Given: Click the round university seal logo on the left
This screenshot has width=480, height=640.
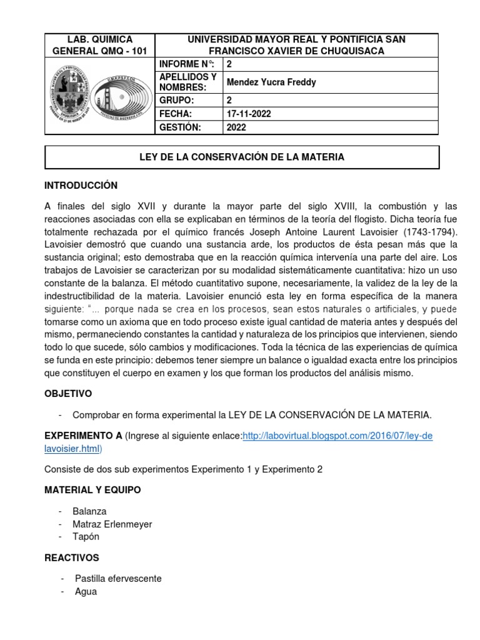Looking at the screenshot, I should pyautogui.click(x=69, y=90).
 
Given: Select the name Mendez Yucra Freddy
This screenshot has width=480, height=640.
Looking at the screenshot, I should pyautogui.click(x=271, y=82).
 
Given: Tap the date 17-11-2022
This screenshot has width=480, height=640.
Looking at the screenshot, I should pyautogui.click(x=250, y=113).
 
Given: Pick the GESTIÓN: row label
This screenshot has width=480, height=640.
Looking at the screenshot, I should pyautogui.click(x=181, y=127).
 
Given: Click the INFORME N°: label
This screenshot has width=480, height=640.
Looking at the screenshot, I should pyautogui.click(x=186, y=63).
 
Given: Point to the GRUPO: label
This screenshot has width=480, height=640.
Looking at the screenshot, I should pyautogui.click(x=177, y=99).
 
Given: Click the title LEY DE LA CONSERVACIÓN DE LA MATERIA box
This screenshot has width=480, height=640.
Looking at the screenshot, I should pyautogui.click(x=241, y=157).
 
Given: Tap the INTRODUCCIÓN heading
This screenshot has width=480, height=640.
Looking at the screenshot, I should pyautogui.click(x=81, y=186).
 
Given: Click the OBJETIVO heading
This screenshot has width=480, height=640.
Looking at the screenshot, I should pyautogui.click(x=68, y=393).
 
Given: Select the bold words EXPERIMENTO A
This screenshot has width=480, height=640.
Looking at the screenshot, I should pyautogui.click(x=83, y=435).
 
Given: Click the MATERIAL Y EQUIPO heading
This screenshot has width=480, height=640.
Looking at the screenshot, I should pyautogui.click(x=92, y=490).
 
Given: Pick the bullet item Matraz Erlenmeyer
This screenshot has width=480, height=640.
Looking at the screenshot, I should pyautogui.click(x=112, y=524).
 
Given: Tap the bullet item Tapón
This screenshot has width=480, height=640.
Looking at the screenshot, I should pyautogui.click(x=86, y=536).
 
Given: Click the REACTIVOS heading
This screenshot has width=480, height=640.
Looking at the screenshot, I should pyautogui.click(x=71, y=557).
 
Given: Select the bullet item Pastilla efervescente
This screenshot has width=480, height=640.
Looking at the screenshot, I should pyautogui.click(x=118, y=578).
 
